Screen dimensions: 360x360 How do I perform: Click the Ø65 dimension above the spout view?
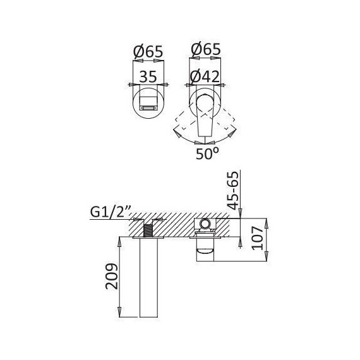pos(148,51)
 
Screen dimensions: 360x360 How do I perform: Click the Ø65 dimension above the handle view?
pos(206,49)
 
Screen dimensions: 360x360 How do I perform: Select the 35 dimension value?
pos(148,76)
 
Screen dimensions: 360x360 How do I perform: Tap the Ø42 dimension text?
pos(205,76)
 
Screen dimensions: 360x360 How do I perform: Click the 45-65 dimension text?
pos(234,191)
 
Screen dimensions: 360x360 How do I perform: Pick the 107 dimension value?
pos(257,238)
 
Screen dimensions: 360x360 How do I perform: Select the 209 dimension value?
pos(112,276)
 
